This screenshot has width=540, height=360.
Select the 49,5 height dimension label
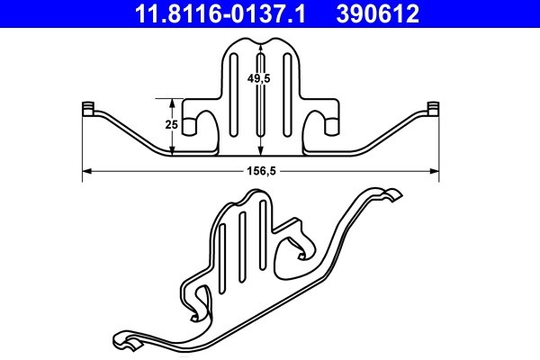pyautogui.click(x=261, y=78)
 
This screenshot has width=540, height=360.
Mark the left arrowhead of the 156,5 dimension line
pyautogui.click(x=86, y=170)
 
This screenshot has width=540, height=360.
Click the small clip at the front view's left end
pyautogui.click(x=88, y=109)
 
